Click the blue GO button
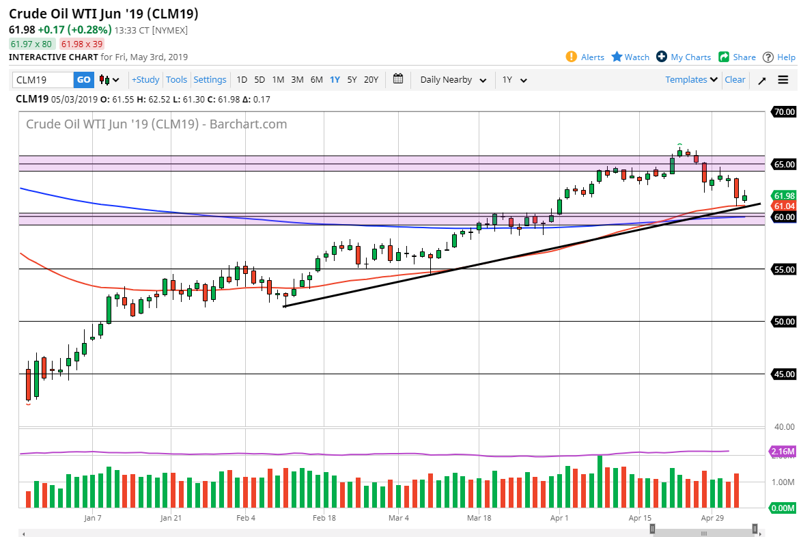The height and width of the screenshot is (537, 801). (83, 80)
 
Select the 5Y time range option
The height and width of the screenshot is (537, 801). (352, 80)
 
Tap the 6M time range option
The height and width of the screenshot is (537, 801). (316, 80)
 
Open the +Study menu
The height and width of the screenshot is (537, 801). (145, 80)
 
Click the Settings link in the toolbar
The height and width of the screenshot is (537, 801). (210, 80)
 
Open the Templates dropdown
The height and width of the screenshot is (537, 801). (691, 80)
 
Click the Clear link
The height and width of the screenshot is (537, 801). (735, 80)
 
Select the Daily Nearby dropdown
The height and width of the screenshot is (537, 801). (453, 80)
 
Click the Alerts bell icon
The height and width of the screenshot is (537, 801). (572, 57)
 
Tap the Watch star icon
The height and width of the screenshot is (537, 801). (617, 57)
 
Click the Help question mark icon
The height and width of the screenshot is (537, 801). (768, 57)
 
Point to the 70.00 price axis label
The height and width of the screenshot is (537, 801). (783, 111)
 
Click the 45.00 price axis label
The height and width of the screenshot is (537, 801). (783, 374)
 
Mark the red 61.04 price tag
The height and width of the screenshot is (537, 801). (783, 206)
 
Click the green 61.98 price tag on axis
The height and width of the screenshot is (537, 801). (783, 195)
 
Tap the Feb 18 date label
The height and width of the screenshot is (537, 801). (324, 518)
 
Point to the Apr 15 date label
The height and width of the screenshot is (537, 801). (640, 518)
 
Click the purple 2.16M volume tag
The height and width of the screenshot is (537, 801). (783, 452)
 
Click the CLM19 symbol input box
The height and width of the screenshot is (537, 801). (42, 80)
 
